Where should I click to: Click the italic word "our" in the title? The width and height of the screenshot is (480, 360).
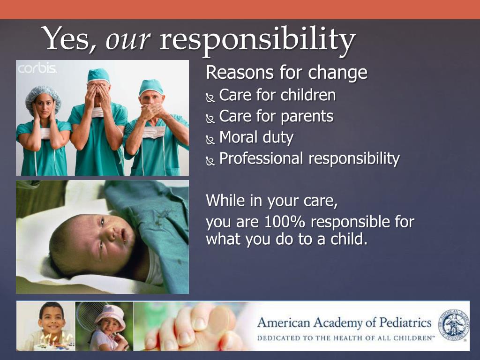(x=128, y=40)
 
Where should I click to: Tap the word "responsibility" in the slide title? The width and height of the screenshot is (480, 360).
(x=258, y=41)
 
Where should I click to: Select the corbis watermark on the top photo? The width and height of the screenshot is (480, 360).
(x=37, y=68)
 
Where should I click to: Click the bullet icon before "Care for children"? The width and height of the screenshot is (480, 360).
(x=210, y=97)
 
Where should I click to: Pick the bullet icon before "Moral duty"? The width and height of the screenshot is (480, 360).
(x=210, y=140)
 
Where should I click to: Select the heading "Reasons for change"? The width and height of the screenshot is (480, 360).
(x=286, y=73)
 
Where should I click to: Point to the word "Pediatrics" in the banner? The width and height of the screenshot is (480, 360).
(x=405, y=322)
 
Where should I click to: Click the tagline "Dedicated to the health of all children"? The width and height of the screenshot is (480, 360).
(x=345, y=338)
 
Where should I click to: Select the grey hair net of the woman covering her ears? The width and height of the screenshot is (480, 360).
(x=43, y=97)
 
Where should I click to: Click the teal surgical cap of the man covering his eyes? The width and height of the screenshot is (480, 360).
(x=98, y=75)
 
